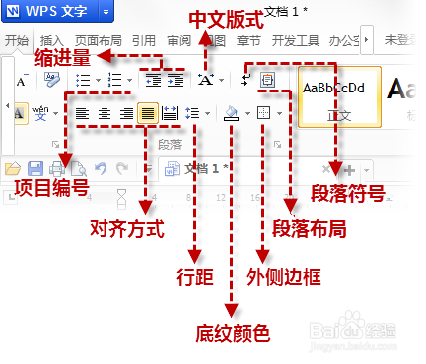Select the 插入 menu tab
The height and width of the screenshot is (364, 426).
pyautogui.click(x=51, y=41)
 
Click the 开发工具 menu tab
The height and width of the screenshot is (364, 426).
pyautogui.click(x=296, y=41)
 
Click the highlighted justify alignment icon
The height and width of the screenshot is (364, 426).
pyautogui.click(x=148, y=113)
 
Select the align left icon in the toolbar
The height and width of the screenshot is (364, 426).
pyautogui.click(x=83, y=113)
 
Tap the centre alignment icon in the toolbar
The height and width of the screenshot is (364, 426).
pyautogui.click(x=105, y=113)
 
